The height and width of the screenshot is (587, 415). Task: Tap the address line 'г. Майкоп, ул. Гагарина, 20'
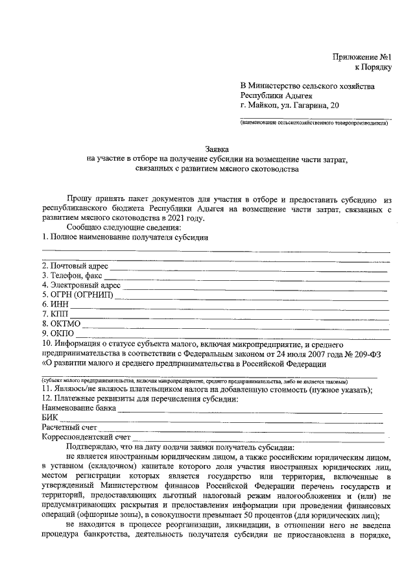click(x=289, y=105)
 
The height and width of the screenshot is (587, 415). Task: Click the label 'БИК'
click(x=50, y=418)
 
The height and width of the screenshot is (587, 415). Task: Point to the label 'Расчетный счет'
click(x=69, y=428)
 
